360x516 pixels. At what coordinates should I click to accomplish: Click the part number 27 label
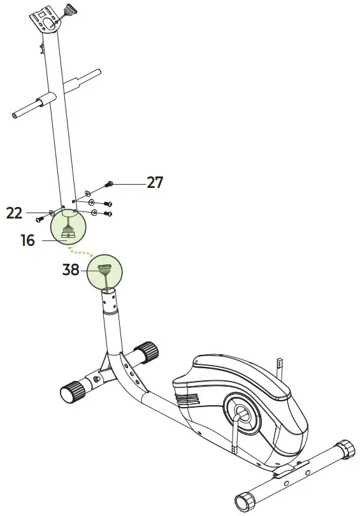coord(155,183)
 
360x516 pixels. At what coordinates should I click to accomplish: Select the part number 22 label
coord(15,213)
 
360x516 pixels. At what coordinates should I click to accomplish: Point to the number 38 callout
coord(71,269)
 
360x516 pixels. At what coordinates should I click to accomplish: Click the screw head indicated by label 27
coord(108,183)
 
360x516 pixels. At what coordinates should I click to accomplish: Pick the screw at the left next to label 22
coord(40,219)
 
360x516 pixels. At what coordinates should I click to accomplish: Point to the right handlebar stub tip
coord(99,73)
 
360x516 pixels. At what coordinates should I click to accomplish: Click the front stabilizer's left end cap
coord(68,392)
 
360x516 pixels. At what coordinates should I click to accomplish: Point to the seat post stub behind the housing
coord(279,366)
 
